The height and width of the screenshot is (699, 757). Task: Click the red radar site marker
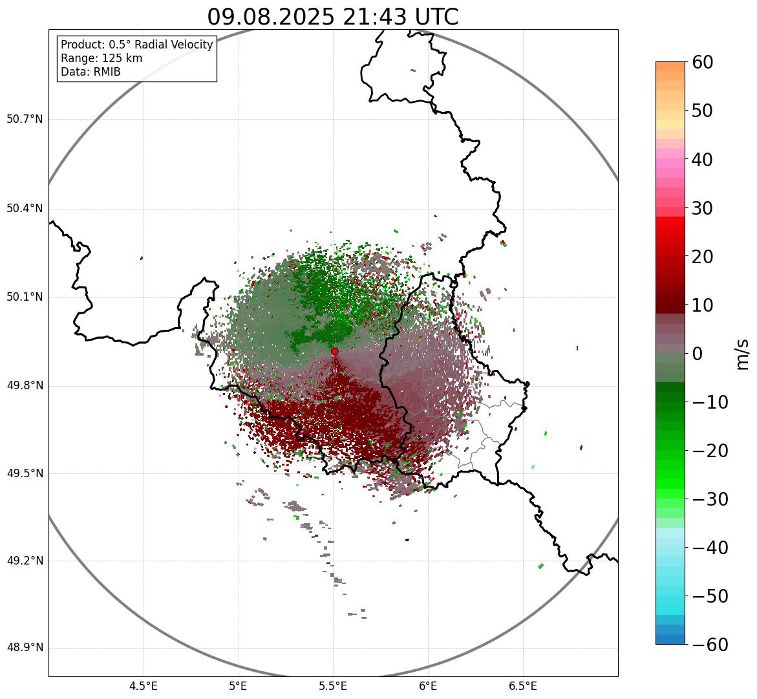334,351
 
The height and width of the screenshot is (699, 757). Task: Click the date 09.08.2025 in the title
271,17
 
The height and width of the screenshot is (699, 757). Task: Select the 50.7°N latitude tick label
25,119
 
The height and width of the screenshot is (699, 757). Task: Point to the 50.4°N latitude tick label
25,208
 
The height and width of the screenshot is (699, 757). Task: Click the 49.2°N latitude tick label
25,561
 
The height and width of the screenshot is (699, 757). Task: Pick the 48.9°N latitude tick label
25,648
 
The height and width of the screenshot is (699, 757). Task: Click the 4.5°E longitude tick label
144,686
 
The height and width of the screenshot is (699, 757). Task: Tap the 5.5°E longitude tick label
333,686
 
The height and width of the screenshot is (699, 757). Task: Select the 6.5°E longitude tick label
522,686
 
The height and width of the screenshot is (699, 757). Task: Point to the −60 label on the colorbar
710,645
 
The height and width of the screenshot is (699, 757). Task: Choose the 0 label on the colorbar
698,354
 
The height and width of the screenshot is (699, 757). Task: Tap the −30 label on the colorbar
710,499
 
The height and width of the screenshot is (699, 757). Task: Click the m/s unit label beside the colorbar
742,353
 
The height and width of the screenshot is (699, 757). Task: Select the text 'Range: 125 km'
101,58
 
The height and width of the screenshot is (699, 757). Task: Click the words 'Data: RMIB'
91,72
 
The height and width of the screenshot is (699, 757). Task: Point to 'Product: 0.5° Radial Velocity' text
136,45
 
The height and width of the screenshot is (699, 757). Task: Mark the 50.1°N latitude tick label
25,297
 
